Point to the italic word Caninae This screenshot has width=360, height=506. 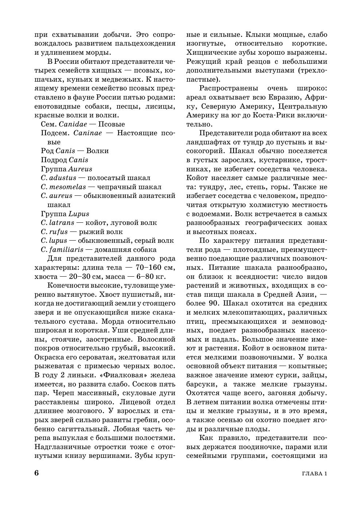(88, 133)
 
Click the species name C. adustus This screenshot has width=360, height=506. (59, 178)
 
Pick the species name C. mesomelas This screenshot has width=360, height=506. (63, 187)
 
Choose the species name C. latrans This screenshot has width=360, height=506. (58, 223)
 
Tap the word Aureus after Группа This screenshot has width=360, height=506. (80, 169)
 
